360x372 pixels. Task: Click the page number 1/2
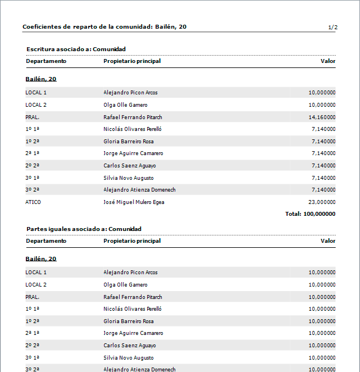[x=332, y=27]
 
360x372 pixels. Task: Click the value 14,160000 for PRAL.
[x=322, y=117]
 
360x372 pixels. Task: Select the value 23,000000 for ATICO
[x=322, y=202]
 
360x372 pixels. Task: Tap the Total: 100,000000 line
[x=310, y=214]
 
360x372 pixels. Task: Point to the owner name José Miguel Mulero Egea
[x=134, y=202]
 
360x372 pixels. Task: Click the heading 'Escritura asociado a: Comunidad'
[x=76, y=49]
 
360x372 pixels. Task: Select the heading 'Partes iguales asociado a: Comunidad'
[x=84, y=229]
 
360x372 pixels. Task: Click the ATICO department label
[x=33, y=202]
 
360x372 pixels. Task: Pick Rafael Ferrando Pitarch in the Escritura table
[x=133, y=117]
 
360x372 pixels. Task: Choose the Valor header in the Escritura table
[x=328, y=61]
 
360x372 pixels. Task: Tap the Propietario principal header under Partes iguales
[x=132, y=241]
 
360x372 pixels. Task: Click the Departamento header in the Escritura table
[x=46, y=61]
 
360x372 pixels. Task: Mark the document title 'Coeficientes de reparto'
[x=104, y=26]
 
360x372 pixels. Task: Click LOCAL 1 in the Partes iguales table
[x=36, y=272]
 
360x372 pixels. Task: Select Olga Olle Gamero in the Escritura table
[x=125, y=105]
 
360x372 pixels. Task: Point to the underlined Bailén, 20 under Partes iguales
[x=41, y=258]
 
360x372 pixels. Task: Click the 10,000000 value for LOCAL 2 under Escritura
[x=322, y=105]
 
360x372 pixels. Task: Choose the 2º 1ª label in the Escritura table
[x=32, y=153]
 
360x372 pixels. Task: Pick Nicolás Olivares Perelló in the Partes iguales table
[x=133, y=309]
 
